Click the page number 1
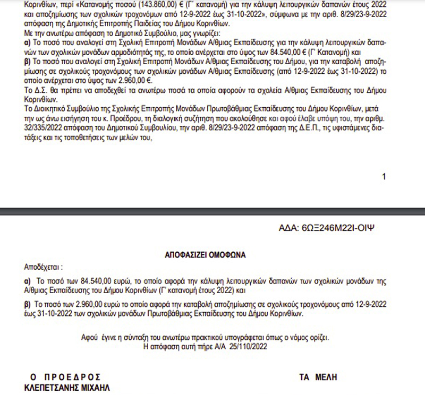coord(384,177)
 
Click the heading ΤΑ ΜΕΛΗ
coord(318,377)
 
